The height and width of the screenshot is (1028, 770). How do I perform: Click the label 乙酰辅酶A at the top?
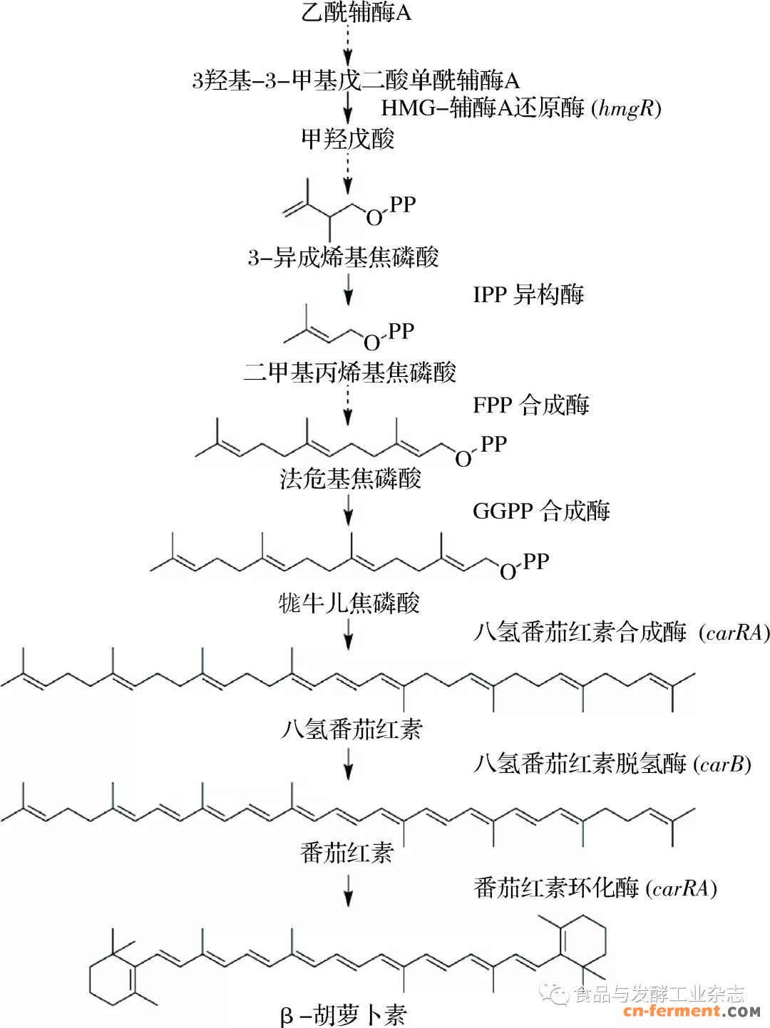[x=356, y=13]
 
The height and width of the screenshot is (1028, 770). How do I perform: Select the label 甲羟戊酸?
[x=348, y=138]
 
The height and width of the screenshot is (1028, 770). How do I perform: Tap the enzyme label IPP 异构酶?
[x=528, y=294]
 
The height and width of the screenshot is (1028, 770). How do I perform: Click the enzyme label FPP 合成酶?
[x=531, y=405]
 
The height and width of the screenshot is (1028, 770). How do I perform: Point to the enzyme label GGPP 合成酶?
[x=542, y=511]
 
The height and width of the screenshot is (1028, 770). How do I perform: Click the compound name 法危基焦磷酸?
[x=351, y=478]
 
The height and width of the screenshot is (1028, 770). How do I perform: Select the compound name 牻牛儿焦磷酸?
[x=349, y=603]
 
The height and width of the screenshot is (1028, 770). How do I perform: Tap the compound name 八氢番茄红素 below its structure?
[x=352, y=729]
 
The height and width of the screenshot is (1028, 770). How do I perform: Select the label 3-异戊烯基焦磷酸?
[x=343, y=257]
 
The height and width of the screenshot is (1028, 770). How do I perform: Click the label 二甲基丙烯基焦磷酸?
[x=349, y=373]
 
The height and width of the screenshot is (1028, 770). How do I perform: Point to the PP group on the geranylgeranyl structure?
[x=535, y=561]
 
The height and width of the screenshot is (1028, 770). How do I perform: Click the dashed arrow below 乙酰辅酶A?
[x=348, y=44]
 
